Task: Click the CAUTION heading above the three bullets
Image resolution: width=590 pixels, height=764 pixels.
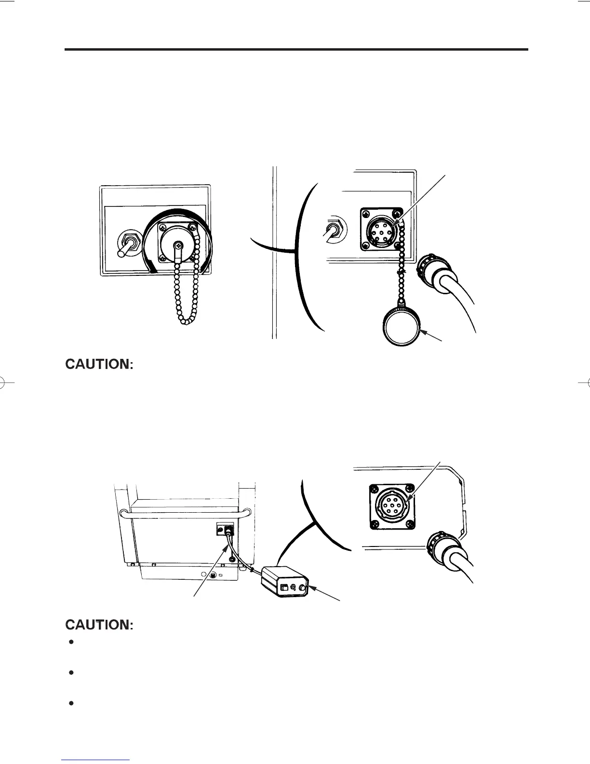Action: click(x=99, y=625)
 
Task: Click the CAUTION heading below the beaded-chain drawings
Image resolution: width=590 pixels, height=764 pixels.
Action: click(x=99, y=364)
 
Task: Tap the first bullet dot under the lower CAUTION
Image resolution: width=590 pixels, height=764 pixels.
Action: click(x=71, y=642)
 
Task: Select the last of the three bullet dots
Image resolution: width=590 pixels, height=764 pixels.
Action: click(x=71, y=703)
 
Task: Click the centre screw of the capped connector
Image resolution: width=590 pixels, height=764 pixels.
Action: click(x=178, y=246)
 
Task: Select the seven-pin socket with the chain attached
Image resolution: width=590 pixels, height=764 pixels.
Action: click(x=384, y=231)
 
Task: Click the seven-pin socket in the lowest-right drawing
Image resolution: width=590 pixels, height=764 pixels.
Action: click(x=392, y=505)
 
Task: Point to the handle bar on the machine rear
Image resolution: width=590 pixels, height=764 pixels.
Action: click(x=186, y=515)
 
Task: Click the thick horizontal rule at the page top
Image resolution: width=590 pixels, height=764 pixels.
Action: click(x=296, y=49)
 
